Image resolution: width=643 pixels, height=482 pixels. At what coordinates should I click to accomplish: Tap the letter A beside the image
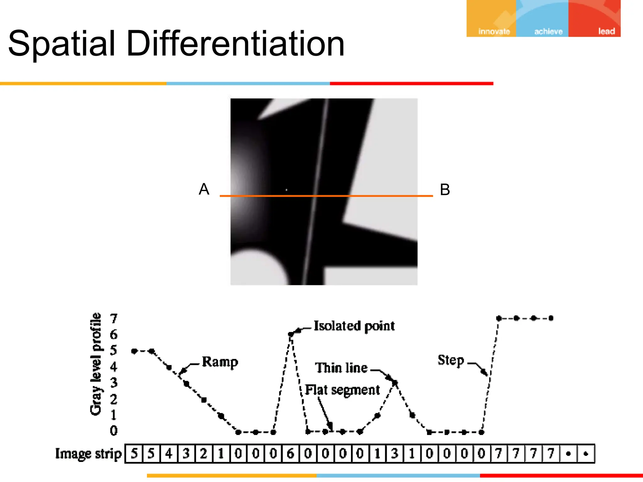tap(204, 189)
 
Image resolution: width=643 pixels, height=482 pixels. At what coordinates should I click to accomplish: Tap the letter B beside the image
tap(445, 190)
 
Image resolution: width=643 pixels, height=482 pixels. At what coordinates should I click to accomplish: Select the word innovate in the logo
tap(494, 31)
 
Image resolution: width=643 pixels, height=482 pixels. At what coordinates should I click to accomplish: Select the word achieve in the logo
tap(548, 31)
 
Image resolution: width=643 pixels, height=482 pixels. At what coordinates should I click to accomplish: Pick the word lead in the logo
tap(606, 31)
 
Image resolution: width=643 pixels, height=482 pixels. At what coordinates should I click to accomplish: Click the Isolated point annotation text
tap(354, 326)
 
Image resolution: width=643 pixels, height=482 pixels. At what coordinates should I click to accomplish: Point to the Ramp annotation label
tap(220, 362)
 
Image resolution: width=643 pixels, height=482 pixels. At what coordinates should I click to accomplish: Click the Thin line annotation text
tap(341, 368)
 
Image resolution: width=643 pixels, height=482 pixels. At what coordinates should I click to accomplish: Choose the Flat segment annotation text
tap(343, 390)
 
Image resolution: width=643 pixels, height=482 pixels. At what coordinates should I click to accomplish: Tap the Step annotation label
tap(451, 360)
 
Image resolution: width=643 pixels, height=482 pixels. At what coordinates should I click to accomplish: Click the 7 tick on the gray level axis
tap(114, 319)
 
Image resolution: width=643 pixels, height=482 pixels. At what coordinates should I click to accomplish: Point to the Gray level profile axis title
tap(96, 364)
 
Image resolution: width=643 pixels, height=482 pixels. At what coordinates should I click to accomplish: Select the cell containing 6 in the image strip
tap(291, 453)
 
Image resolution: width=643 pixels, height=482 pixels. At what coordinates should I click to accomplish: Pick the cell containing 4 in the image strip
tap(169, 453)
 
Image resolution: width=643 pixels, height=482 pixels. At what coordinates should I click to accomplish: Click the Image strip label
tap(88, 454)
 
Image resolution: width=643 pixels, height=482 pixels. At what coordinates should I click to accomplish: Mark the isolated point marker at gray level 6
tap(291, 334)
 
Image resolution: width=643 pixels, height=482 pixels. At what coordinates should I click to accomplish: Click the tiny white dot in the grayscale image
tap(286, 190)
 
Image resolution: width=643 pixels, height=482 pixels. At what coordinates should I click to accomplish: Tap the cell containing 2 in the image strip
tap(204, 453)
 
